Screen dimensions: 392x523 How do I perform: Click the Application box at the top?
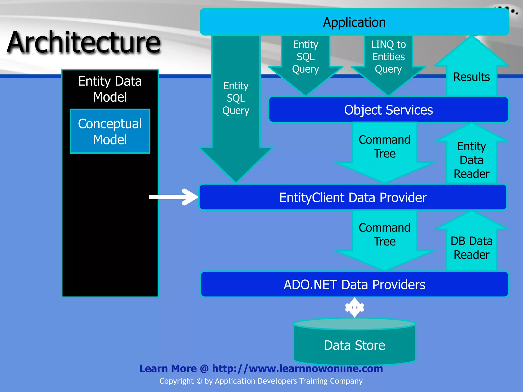(x=354, y=22)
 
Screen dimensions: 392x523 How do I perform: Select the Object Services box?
(x=388, y=110)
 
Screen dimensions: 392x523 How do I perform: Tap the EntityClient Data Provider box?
(x=353, y=197)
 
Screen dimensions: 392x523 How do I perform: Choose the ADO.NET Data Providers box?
(x=354, y=284)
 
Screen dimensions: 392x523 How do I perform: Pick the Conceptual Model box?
(x=110, y=131)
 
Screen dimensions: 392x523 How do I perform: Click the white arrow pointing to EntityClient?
(x=174, y=197)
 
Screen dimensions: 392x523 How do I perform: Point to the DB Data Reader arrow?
(x=471, y=248)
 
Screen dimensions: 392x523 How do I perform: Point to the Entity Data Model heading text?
(x=110, y=89)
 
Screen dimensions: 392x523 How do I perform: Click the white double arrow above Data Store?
(x=354, y=308)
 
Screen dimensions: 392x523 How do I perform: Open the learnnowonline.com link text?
(x=297, y=368)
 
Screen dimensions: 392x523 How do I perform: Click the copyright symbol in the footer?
(x=199, y=381)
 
